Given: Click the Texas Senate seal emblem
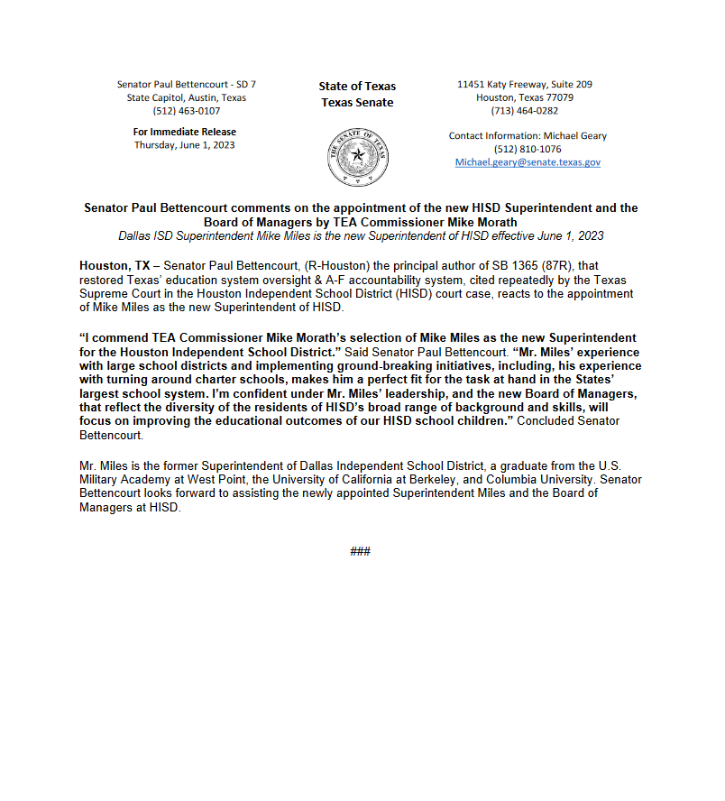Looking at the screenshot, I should (x=358, y=156).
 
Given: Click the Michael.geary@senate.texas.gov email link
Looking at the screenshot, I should (x=528, y=162).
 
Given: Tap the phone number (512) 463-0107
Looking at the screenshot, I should (x=186, y=111).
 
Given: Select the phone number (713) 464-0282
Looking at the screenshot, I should (x=524, y=111).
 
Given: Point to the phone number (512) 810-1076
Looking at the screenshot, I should (x=528, y=149).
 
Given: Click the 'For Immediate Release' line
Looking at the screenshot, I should (x=185, y=132).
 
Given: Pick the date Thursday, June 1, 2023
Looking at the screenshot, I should (x=185, y=144).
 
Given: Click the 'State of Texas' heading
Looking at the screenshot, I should (x=357, y=87).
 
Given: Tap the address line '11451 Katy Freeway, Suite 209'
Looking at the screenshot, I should (x=524, y=84).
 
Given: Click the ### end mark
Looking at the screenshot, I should (x=360, y=551).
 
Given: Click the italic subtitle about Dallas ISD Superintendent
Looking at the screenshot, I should (x=360, y=236).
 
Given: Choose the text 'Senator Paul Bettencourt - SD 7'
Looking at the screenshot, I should (x=186, y=84).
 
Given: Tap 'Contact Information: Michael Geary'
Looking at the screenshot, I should (x=528, y=136).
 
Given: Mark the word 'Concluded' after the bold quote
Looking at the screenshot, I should (x=538, y=421).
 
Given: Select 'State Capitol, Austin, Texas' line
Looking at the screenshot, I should (x=186, y=97).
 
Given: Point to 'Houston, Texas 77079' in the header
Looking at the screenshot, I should (x=524, y=97).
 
